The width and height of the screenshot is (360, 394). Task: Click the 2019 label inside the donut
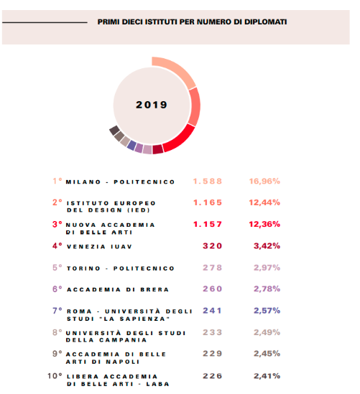point(152,105)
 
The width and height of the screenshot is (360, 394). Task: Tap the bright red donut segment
point(180,139)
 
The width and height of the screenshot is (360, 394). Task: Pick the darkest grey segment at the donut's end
point(114,131)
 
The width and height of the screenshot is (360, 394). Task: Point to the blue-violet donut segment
point(131,145)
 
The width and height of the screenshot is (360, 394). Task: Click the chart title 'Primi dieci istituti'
point(192,22)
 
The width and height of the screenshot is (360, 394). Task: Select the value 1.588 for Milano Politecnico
point(208,181)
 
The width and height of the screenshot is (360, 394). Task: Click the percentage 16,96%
point(264,181)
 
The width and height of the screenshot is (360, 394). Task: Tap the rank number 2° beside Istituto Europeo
point(57,202)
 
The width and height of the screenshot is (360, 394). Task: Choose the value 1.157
point(208,224)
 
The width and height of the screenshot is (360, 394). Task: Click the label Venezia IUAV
point(99,247)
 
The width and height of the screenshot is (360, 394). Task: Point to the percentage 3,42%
point(267,245)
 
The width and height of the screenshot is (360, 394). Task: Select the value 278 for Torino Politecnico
point(212,268)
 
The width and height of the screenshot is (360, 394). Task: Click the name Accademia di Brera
point(118,290)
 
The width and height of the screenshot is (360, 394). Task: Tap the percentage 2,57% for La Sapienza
point(267,311)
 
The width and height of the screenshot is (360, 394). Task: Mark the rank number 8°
point(57,332)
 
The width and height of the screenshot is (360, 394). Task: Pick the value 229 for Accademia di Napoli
point(212,354)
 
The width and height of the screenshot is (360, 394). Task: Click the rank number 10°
point(55,376)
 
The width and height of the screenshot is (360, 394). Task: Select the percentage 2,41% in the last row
point(267,376)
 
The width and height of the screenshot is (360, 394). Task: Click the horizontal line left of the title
point(45,22)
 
